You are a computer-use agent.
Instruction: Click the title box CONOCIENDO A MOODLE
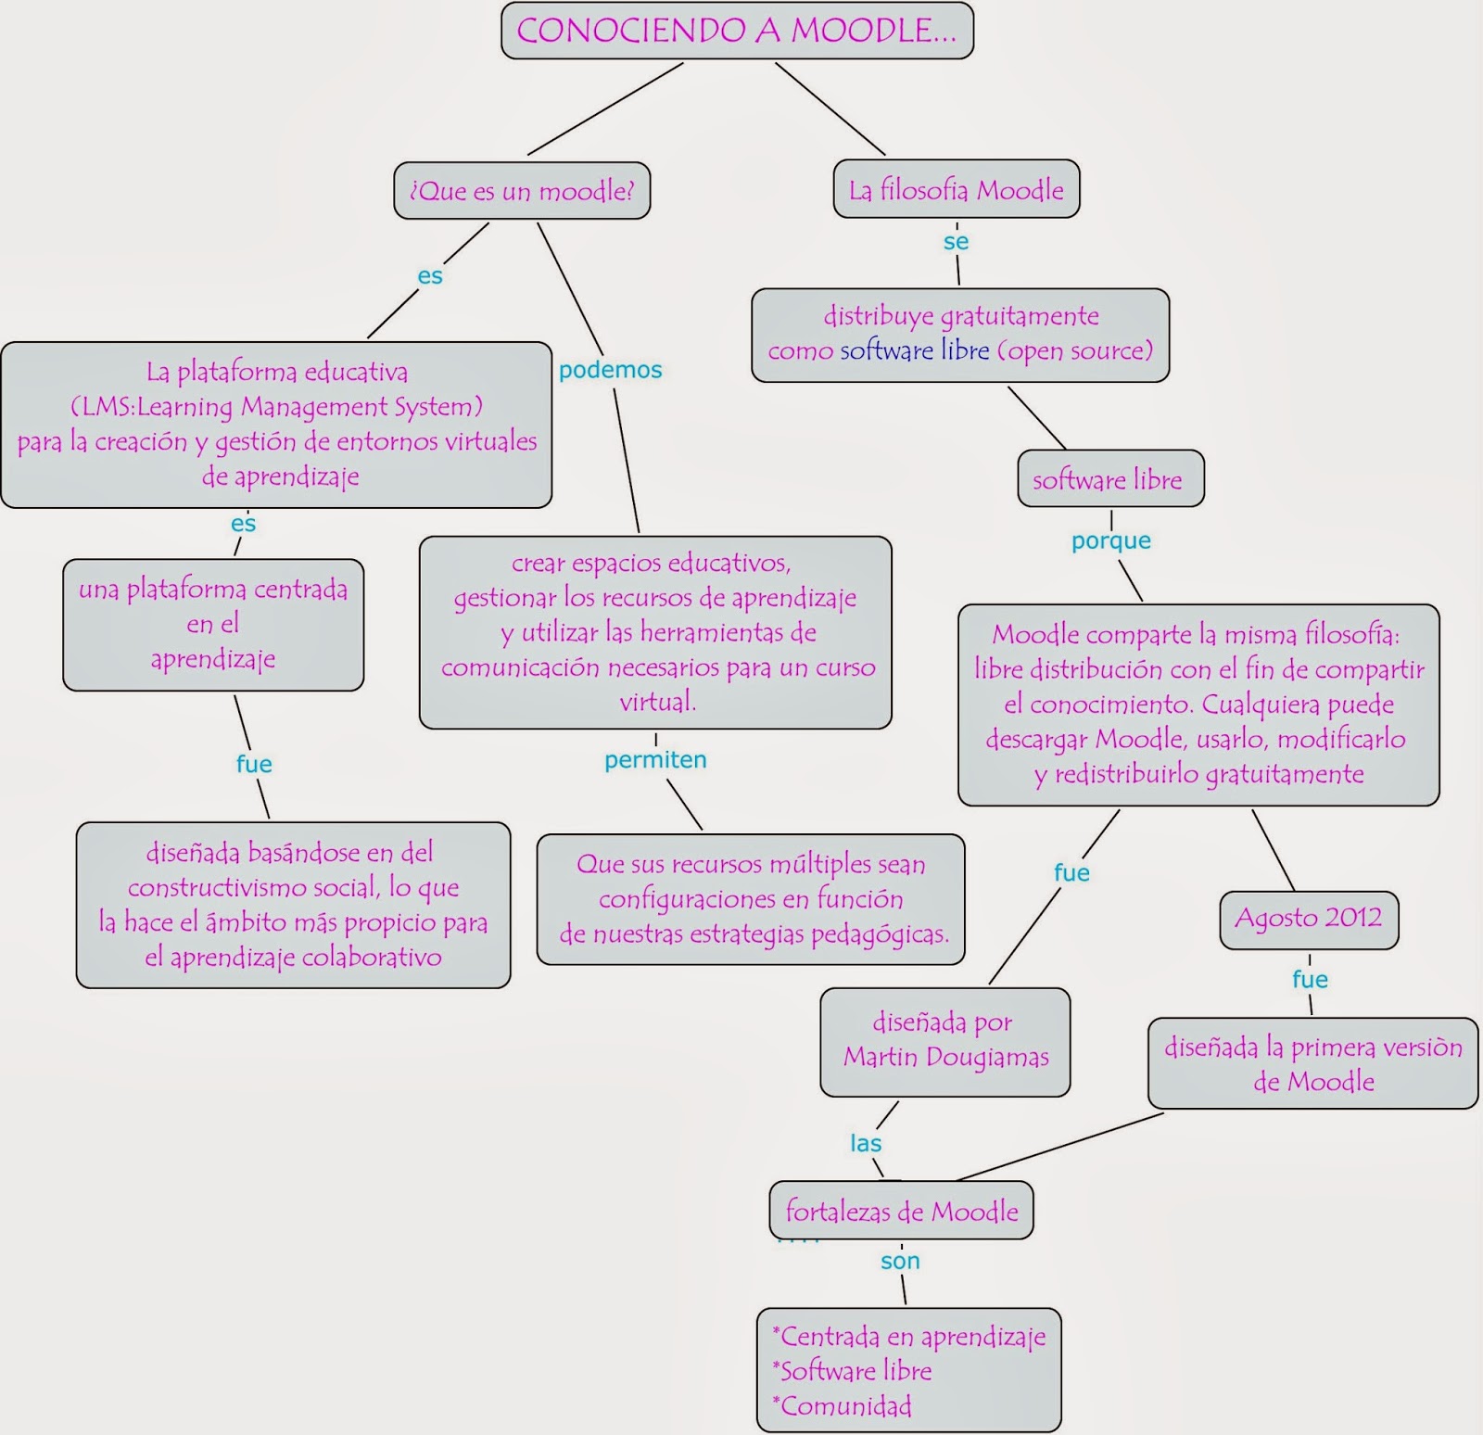coord(737,31)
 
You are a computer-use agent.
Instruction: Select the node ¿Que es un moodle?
coord(522,191)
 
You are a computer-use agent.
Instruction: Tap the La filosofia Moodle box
coord(956,190)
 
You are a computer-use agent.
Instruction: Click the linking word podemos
coord(610,370)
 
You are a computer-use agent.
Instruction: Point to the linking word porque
coord(1110,540)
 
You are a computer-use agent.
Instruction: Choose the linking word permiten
coord(655,760)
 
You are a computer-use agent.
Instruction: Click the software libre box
coord(1109,479)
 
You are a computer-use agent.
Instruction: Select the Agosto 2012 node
coord(1308,919)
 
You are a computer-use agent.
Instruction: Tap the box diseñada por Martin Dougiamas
coord(944,1041)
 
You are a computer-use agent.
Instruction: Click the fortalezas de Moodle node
coord(901,1212)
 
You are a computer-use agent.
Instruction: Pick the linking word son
coord(900,1262)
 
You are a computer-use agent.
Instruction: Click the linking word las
coord(866,1144)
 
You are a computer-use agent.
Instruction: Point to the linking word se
coord(956,242)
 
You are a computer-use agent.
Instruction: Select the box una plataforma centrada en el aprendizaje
coord(213,624)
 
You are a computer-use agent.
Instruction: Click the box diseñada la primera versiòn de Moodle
coord(1312,1064)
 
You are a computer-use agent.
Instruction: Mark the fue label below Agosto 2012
coord(1310,980)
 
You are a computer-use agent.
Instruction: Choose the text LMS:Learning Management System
coord(277,407)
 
